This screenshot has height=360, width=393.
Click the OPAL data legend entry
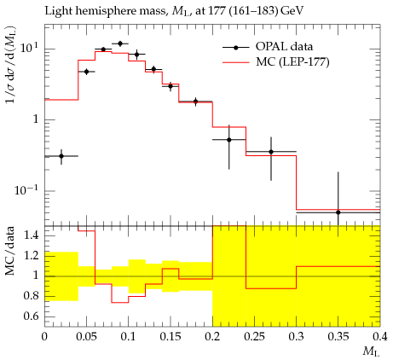click(268, 47)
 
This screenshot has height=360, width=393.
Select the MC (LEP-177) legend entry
click(276, 61)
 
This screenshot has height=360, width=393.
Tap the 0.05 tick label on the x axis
click(86, 337)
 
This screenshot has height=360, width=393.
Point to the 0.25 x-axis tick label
click(254, 337)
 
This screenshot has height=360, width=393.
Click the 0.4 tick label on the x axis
click(380, 337)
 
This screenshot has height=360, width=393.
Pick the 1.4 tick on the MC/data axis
click(32, 235)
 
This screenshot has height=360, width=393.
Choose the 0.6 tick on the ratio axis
click(32, 316)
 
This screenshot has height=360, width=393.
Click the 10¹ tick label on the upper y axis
click(30, 48)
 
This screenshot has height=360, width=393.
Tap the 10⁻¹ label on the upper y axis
click(26, 190)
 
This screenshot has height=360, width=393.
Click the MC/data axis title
click(9, 251)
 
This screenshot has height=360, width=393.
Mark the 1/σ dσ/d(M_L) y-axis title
click(10, 68)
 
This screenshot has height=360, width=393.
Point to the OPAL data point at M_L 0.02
click(61, 156)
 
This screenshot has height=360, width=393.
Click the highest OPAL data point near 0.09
click(120, 44)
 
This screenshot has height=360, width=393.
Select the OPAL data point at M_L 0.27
click(271, 152)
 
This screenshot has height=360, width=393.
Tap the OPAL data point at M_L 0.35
click(338, 212)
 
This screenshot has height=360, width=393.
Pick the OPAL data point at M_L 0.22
click(229, 140)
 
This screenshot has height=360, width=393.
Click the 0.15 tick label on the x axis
click(170, 337)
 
